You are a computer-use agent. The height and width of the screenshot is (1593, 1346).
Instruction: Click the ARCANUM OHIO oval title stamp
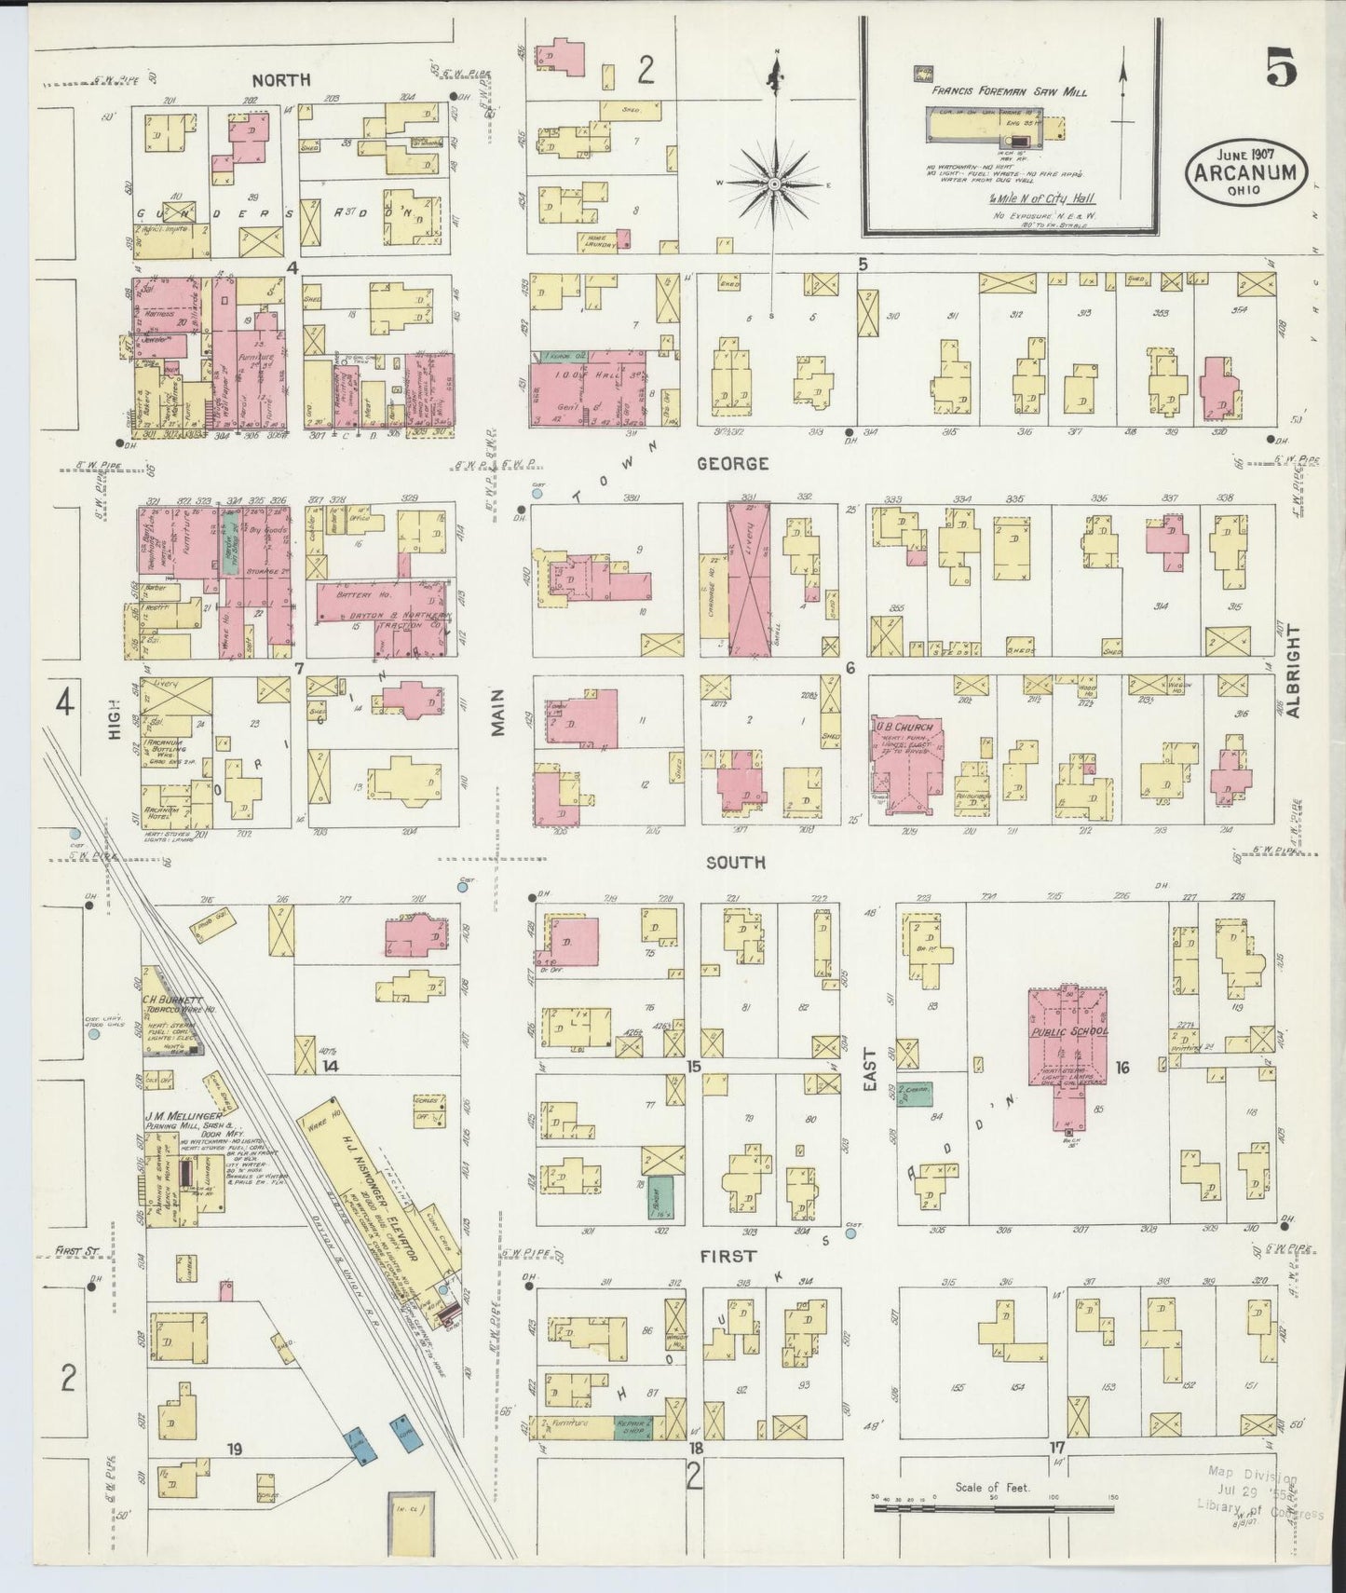click(1246, 170)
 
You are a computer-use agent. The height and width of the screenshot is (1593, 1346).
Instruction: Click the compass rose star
click(772, 184)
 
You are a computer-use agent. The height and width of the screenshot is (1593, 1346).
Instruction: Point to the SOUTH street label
click(735, 863)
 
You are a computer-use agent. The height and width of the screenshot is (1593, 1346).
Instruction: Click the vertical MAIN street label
click(498, 713)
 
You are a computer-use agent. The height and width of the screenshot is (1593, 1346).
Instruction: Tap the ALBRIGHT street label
click(1293, 671)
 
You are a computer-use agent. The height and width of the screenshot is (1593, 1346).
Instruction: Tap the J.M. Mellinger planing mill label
click(183, 1116)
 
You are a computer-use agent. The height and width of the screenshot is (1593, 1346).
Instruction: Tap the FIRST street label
click(730, 1256)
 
